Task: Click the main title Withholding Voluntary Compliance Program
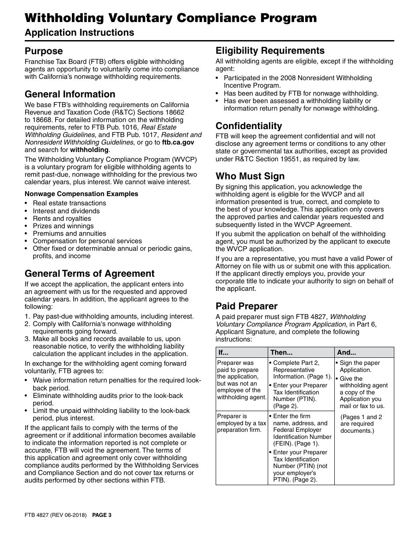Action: pos(171,18)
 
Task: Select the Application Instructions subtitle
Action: pos(79,33)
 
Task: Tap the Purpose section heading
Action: pos(44,51)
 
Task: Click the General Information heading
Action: pos(70,94)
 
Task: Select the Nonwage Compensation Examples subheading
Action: pos(81,194)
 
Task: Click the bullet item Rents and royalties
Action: pos(62,219)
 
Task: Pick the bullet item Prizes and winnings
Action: pos(61,226)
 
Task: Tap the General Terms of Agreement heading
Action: pos(90,274)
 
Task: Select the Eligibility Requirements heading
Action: pos(270,51)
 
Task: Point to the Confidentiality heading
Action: pos(249,126)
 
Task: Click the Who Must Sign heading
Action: pos(250,176)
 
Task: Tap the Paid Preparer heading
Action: pos(247,306)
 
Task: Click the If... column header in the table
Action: pos(224,353)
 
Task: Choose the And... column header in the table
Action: pos(346,353)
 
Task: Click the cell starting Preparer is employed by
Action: pos(241,423)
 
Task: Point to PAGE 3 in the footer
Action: pos(102,515)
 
